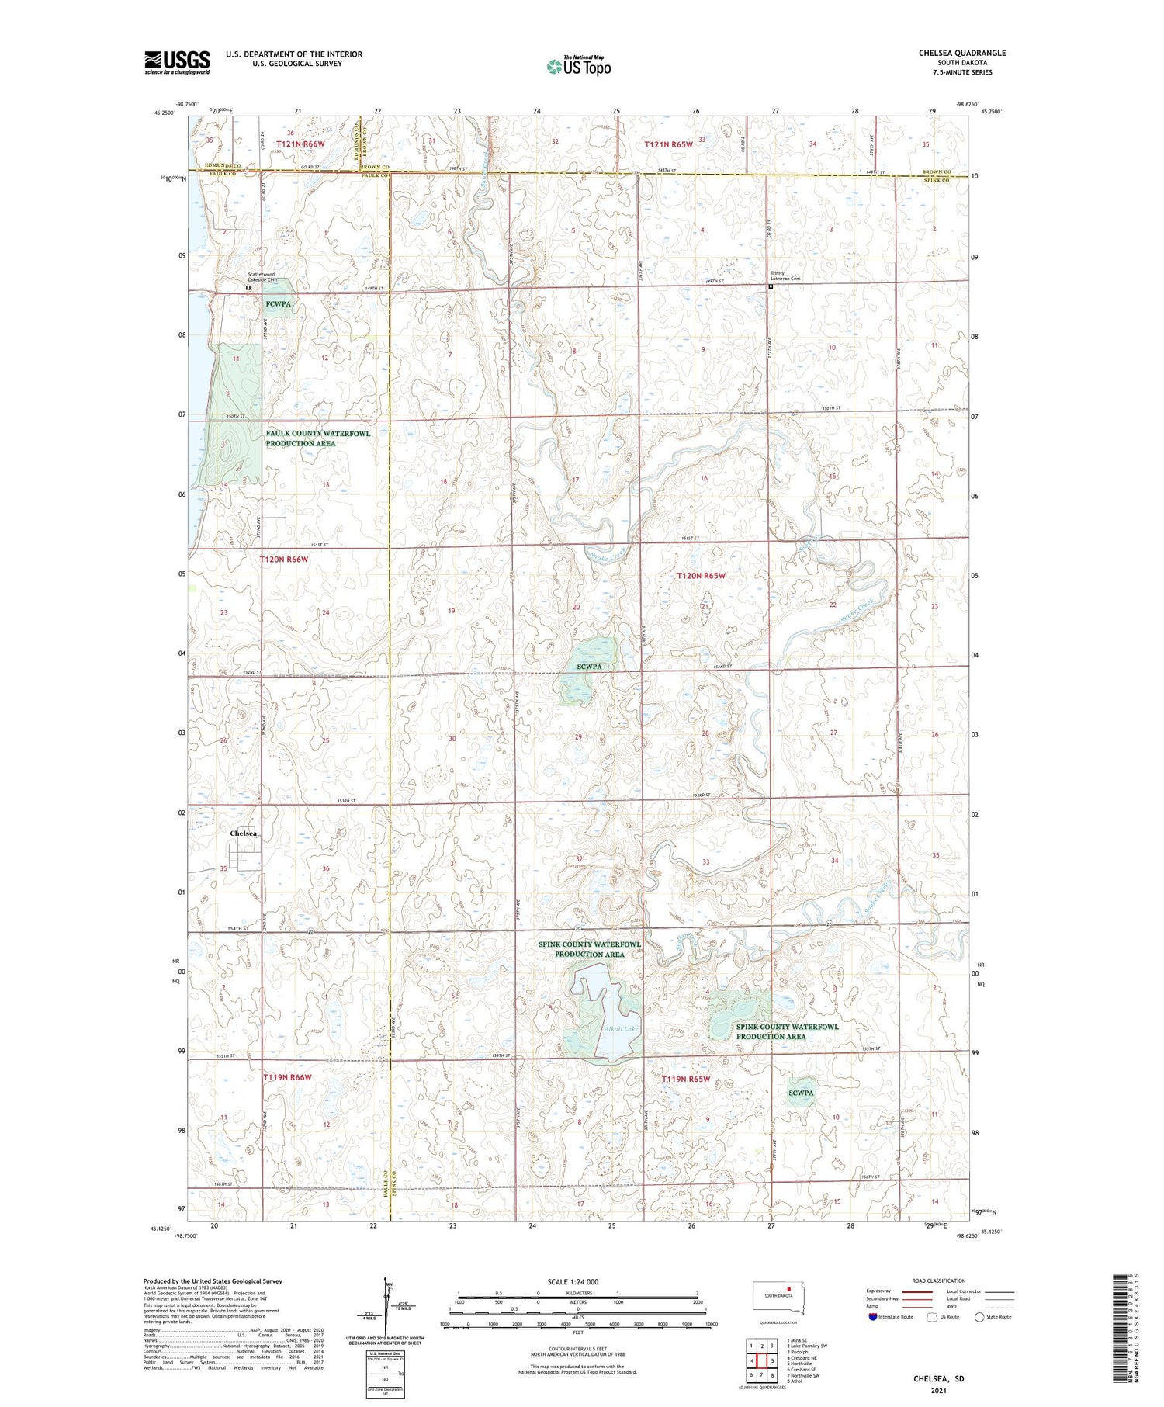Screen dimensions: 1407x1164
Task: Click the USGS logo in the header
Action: (177, 62)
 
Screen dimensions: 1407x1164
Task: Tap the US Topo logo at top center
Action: (578, 67)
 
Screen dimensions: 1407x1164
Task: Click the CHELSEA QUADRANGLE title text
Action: (961, 53)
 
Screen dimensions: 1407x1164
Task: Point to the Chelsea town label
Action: (243, 833)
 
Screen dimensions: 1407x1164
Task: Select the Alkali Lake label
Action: (598, 1029)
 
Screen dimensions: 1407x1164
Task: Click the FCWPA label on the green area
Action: (278, 304)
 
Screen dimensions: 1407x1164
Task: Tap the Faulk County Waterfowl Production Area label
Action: (317, 438)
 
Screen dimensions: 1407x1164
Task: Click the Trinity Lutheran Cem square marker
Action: (771, 286)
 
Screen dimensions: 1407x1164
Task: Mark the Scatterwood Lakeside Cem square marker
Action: (248, 288)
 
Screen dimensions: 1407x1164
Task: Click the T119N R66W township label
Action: (287, 1077)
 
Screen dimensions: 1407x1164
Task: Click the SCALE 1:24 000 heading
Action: (572, 1281)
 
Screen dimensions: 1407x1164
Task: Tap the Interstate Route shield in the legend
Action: (873, 1316)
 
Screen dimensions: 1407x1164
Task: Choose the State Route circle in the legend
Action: (980, 1316)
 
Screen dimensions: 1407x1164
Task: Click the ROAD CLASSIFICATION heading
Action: (939, 1281)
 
